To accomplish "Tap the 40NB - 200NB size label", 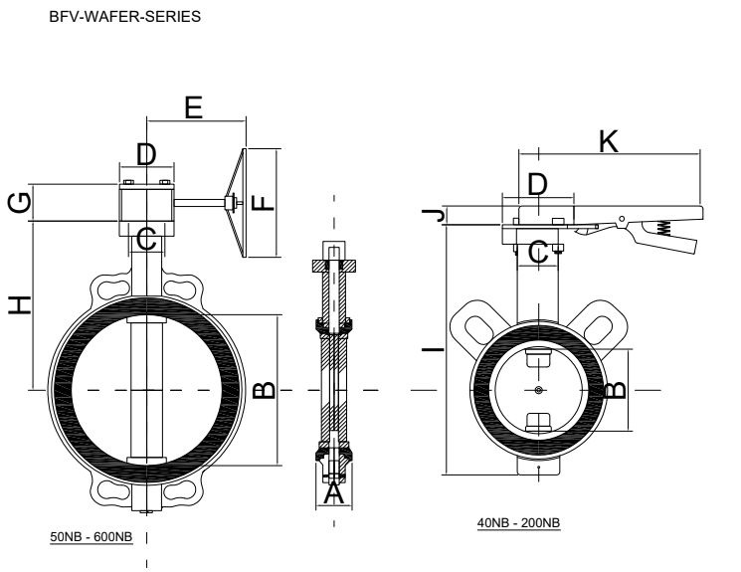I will pyautogui.click(x=518, y=523).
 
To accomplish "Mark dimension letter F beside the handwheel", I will pyautogui.click(x=260, y=204).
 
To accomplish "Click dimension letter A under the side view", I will pyautogui.click(x=333, y=490).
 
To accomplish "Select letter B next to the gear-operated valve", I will pyautogui.click(x=262, y=389).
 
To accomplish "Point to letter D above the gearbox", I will pyautogui.click(x=146, y=154).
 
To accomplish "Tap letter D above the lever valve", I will pyautogui.click(x=537, y=183).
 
